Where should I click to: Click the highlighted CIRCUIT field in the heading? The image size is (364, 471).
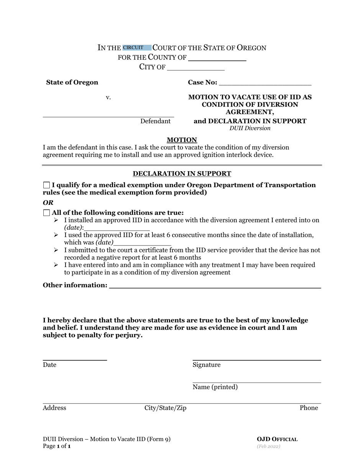tap(137, 47)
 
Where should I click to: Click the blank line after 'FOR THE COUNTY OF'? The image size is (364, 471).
tap(217, 58)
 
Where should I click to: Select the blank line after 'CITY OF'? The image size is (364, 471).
tap(196, 68)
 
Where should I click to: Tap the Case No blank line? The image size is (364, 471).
tap(266, 82)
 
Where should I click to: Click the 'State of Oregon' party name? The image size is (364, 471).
tap(72, 82)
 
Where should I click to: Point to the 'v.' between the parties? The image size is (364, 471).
tap(108, 97)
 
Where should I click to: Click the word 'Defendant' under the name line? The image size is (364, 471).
tap(155, 121)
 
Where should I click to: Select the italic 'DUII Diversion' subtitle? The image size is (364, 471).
tap(250, 128)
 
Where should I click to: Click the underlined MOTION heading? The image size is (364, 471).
tap(182, 140)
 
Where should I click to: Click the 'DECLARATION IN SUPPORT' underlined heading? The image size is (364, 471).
tap(182, 174)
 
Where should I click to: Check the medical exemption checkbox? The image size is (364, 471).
tap(46, 185)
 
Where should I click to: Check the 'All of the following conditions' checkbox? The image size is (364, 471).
tap(46, 213)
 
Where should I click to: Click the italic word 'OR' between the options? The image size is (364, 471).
tap(48, 203)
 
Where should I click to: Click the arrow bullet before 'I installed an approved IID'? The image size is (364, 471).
tap(56, 220)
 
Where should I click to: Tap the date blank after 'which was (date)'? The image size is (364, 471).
tap(143, 243)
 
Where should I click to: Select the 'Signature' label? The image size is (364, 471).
tap(207, 365)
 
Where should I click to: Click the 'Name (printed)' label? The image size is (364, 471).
tap(215, 387)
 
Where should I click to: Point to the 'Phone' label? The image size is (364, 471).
tap(308, 408)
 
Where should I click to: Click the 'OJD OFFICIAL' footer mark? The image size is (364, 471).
tap(277, 440)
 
